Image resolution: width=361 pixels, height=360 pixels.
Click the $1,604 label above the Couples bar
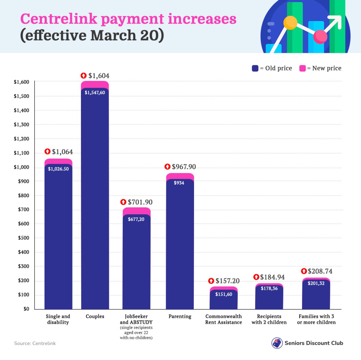coord(99,76)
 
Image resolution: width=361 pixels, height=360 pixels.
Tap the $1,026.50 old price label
coord(58,169)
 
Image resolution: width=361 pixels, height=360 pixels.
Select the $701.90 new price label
coord(140,202)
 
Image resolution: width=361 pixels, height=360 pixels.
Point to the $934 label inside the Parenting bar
coord(179,183)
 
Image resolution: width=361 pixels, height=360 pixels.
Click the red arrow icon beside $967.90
coord(168,167)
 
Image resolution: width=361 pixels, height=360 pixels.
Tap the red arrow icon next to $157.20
coord(211,281)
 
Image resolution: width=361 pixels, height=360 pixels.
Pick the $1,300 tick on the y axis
coord(21,125)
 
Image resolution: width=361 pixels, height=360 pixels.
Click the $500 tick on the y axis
coord(23,238)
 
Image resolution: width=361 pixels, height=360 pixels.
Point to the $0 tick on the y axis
coord(26,309)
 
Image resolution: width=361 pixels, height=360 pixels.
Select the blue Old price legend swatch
coord(255,69)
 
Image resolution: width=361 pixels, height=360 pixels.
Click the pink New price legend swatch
coord(302,69)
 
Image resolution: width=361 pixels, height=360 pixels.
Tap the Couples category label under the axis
coord(95,316)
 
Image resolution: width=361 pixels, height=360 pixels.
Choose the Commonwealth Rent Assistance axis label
coord(224,319)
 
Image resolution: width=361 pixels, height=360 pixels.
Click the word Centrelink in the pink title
coord(59,19)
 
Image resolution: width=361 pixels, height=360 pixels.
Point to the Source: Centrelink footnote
coord(35,343)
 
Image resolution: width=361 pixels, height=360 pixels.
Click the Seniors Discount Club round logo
coord(277,343)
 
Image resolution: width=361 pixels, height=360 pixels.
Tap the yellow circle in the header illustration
coord(290,23)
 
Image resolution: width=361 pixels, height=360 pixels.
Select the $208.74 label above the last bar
coord(320,271)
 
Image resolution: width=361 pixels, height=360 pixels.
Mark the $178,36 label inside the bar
coord(269,288)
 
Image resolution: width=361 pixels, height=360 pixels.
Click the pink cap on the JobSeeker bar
coord(137,211)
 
